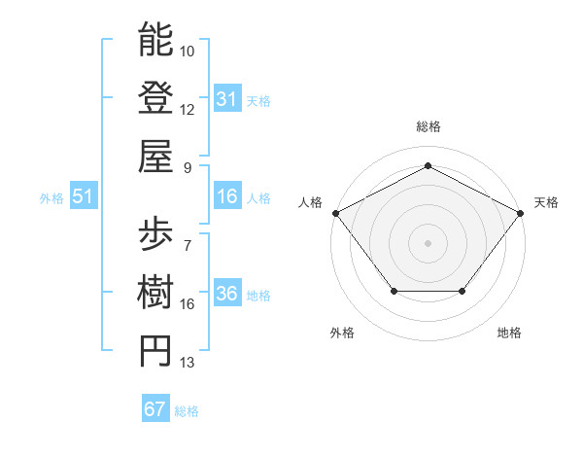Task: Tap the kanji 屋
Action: click(155, 155)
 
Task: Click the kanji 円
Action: click(155, 350)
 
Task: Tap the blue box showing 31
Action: click(227, 99)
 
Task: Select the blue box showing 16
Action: click(227, 197)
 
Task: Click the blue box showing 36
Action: click(227, 295)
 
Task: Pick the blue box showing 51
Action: click(84, 197)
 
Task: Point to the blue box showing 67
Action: click(155, 409)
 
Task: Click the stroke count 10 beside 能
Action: click(188, 50)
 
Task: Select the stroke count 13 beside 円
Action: click(188, 363)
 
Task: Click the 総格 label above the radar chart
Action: click(428, 126)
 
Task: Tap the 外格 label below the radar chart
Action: click(342, 333)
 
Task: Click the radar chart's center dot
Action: click(428, 242)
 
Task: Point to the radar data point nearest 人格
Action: click(335, 212)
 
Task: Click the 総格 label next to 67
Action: click(187, 411)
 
